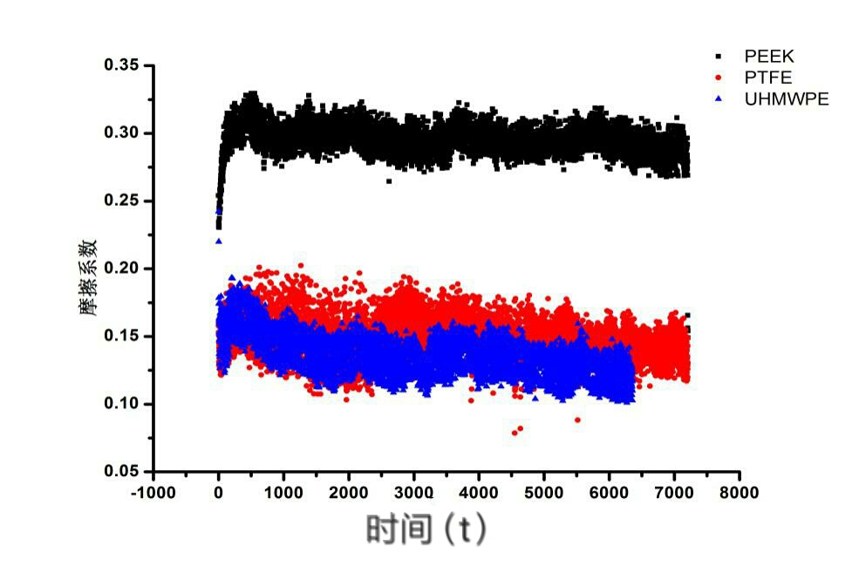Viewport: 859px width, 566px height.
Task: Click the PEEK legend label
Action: [769, 57]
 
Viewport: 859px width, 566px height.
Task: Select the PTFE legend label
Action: [768, 78]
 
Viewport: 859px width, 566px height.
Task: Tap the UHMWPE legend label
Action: [787, 99]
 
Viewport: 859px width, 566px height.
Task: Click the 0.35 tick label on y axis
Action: [121, 65]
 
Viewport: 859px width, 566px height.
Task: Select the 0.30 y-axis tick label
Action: [121, 133]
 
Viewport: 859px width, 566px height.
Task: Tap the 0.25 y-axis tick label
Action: [121, 201]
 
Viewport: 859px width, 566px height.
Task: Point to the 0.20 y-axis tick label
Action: [121, 269]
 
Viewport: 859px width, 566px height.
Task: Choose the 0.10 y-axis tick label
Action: [121, 404]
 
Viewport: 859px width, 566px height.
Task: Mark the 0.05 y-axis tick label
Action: [121, 472]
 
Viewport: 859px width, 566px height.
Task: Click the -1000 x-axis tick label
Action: [153, 493]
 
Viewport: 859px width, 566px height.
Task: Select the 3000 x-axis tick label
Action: [413, 493]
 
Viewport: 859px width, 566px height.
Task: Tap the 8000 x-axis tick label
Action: [740, 493]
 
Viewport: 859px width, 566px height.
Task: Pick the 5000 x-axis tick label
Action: [544, 493]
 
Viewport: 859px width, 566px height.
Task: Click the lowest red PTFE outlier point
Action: [514, 433]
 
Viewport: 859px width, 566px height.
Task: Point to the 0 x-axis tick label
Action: [218, 493]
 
